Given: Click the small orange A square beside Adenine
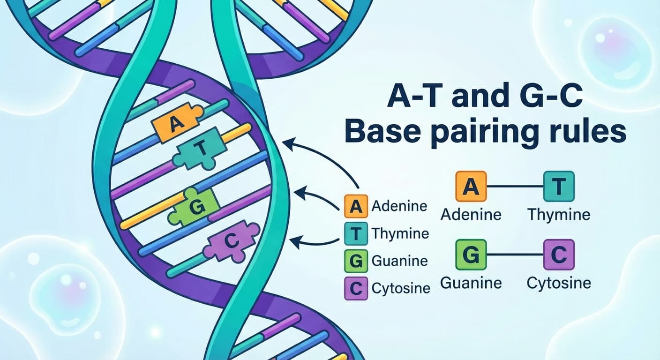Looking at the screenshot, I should [x=356, y=206].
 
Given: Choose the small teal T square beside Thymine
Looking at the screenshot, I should [x=356, y=233].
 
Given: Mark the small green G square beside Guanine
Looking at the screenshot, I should [x=356, y=261].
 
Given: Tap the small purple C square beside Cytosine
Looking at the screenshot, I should [x=356, y=288].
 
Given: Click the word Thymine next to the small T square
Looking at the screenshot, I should [x=400, y=233].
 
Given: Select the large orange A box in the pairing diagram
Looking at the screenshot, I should [x=471, y=186].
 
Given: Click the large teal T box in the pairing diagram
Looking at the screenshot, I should [x=558, y=186].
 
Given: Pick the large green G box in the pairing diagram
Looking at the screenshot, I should [x=471, y=255].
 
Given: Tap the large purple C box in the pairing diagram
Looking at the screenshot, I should [x=558, y=255].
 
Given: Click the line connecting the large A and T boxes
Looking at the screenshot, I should [x=515, y=187].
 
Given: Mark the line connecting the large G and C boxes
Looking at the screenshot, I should [x=515, y=255].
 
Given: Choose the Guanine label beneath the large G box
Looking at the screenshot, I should [x=471, y=283].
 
